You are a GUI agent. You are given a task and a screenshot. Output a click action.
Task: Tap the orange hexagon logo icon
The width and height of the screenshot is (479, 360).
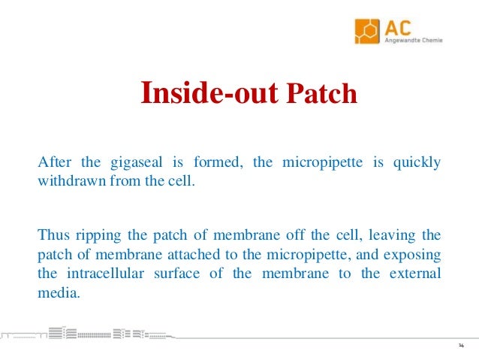click(369, 31)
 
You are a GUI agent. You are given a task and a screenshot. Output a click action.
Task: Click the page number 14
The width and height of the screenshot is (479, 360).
click(460, 345)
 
